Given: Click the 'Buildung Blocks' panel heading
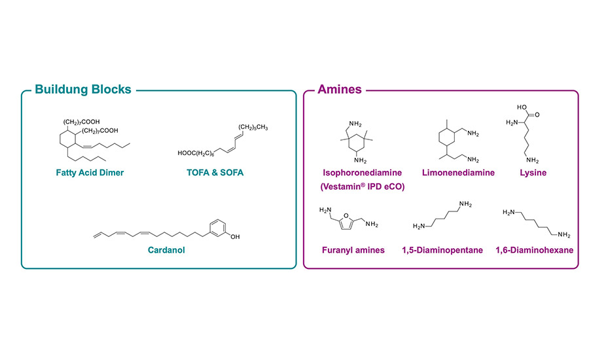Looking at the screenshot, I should [x=83, y=89].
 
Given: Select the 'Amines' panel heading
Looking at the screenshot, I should [x=339, y=89].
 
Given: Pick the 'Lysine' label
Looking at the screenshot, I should [x=533, y=173].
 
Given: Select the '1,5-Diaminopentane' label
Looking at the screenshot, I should [x=443, y=249].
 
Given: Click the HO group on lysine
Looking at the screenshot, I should [x=522, y=106].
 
